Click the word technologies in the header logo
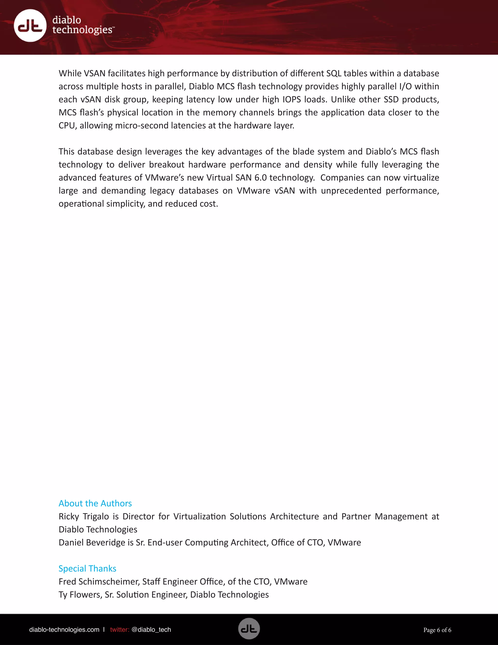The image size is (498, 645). (82, 30)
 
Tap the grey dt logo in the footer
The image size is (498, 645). (249, 629)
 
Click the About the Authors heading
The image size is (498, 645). (95, 503)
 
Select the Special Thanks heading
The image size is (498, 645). (87, 569)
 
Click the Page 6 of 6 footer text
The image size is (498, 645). (437, 630)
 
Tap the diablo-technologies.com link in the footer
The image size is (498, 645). (64, 630)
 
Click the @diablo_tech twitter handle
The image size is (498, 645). (151, 630)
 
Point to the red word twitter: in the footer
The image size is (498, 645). (119, 630)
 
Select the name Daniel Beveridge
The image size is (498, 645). (92, 543)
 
